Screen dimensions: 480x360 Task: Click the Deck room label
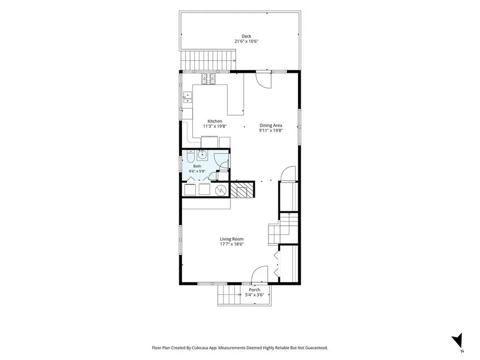(x=246, y=36)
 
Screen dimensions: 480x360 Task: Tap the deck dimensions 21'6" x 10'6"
(x=247, y=41)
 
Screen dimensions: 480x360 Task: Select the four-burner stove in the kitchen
(x=209, y=79)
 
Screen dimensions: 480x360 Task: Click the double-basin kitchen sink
(x=187, y=97)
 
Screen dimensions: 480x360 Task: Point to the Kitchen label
(x=215, y=121)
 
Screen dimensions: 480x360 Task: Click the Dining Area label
(x=270, y=125)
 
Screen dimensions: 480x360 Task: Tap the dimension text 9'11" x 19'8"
(x=270, y=130)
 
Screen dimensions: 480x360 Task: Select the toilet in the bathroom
(x=190, y=157)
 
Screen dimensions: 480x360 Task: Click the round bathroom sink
(x=202, y=155)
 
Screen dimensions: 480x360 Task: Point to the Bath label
(x=197, y=166)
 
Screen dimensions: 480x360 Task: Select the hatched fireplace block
(x=242, y=190)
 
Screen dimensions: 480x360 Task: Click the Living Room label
(x=232, y=239)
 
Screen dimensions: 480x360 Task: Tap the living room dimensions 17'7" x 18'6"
(x=232, y=244)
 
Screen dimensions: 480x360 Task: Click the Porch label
(x=255, y=290)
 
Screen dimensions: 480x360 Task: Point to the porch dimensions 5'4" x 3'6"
(x=255, y=295)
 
